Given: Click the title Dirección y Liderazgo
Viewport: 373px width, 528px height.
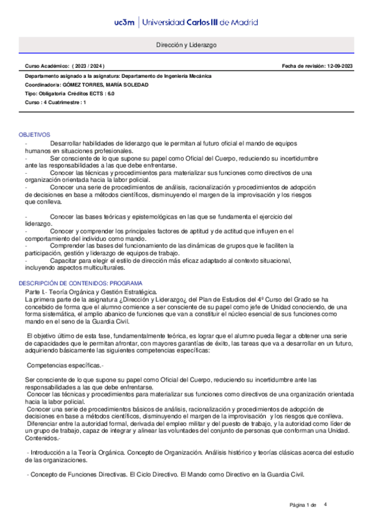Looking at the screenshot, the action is click(x=186, y=45).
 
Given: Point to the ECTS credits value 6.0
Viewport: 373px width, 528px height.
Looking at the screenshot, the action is click(x=110, y=93).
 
